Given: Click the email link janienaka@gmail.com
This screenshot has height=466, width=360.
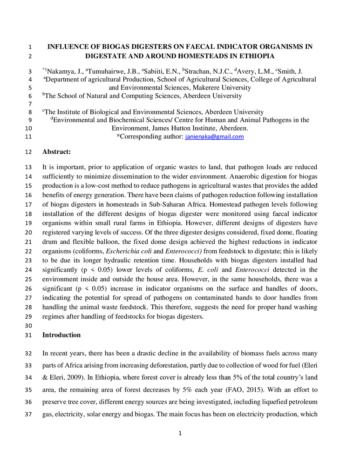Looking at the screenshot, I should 215,137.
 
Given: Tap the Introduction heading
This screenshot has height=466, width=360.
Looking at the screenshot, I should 61,335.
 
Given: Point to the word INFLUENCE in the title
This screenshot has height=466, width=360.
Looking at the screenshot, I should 70,47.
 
